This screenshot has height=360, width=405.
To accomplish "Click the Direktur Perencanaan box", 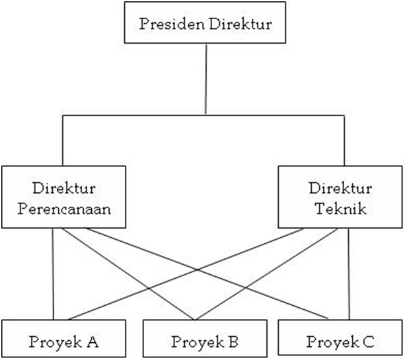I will pyautogui.click(x=63, y=198).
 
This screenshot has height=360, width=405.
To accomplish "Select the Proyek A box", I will pyautogui.click(x=63, y=342).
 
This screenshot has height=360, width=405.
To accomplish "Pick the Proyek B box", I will pyautogui.click(x=205, y=342).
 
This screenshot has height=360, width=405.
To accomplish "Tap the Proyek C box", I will pyautogui.click(x=340, y=342).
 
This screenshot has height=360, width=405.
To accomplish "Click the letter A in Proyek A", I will pyautogui.click(x=92, y=342).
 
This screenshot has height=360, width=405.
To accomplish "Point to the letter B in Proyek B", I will pyautogui.click(x=233, y=342).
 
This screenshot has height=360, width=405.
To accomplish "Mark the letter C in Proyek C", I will pyautogui.click(x=369, y=342).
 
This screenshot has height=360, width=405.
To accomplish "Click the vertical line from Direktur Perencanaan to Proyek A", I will pyautogui.click(x=52, y=277).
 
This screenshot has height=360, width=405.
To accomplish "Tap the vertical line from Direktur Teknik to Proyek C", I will pyautogui.click(x=348, y=277).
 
